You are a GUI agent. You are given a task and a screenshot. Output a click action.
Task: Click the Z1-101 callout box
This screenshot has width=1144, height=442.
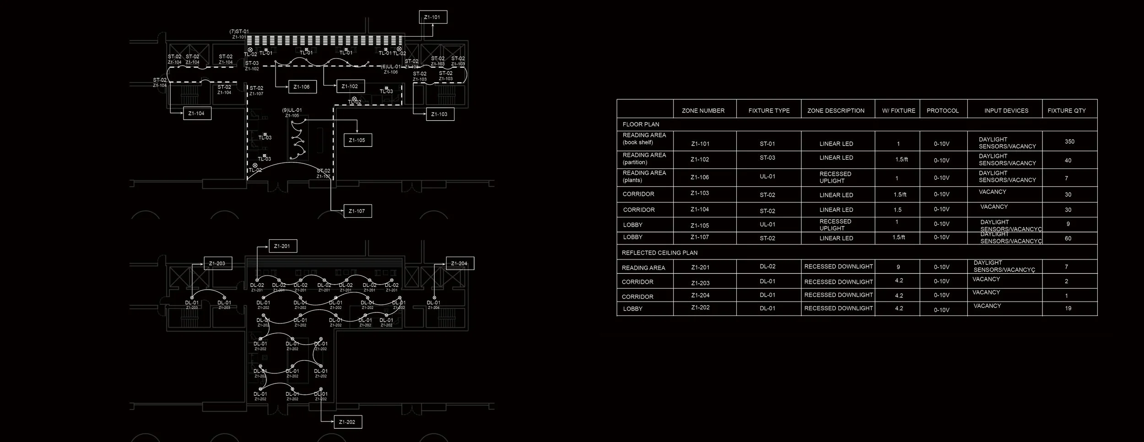(433, 17)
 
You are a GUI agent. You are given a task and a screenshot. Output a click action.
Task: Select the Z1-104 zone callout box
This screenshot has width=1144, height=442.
(197, 113)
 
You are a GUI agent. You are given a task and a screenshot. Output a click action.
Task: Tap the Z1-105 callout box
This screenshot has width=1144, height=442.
(357, 140)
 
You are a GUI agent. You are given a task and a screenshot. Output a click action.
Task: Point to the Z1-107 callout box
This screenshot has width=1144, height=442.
(357, 211)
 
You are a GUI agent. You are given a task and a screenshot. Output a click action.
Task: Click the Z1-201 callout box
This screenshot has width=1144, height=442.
(282, 246)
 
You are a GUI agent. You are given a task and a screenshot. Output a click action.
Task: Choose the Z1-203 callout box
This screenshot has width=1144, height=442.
(217, 264)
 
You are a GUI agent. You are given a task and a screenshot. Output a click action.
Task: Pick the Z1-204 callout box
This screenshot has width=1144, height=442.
(459, 264)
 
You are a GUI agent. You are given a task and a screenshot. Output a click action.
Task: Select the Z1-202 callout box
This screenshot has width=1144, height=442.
(348, 422)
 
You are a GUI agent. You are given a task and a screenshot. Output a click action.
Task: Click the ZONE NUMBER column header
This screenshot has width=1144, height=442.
(703, 111)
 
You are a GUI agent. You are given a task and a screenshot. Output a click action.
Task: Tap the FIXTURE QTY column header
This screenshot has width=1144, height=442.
(1067, 111)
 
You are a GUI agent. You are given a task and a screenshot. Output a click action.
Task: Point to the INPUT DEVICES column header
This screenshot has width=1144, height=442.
(1006, 111)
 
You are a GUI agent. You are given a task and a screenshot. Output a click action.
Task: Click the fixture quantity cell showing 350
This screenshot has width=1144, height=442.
(1069, 142)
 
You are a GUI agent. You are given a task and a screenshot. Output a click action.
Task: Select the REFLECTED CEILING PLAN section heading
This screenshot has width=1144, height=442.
(659, 253)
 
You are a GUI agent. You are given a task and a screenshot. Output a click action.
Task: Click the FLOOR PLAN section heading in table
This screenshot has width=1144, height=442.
(641, 124)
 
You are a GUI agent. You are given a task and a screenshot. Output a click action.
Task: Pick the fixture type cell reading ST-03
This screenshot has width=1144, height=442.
(767, 158)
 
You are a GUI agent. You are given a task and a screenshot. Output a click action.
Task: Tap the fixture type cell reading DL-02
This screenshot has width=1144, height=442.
(767, 267)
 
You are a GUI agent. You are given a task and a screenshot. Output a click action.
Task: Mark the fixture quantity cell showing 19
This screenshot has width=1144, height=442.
(1068, 308)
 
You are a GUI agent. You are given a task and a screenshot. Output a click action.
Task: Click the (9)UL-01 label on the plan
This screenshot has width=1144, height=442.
(292, 110)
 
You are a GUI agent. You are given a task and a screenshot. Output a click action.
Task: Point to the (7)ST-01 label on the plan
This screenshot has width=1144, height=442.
(239, 32)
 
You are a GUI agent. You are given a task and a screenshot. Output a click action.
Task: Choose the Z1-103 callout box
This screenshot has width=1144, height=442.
(439, 114)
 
